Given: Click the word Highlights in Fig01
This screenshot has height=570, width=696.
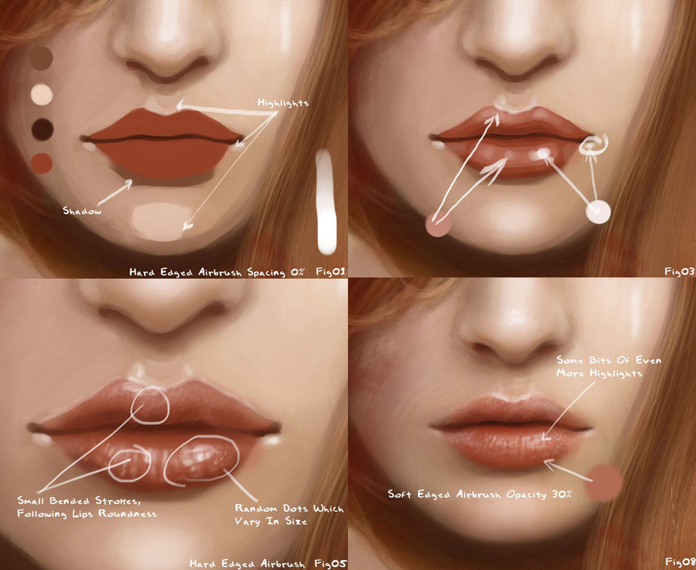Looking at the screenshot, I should (x=283, y=103).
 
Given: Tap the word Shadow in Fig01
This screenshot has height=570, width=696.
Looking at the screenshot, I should (x=82, y=211).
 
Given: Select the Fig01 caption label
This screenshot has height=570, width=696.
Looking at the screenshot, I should (x=330, y=272).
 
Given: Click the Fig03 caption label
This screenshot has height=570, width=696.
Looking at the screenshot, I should (x=679, y=272).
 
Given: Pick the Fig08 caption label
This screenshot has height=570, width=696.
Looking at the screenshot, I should (x=679, y=562).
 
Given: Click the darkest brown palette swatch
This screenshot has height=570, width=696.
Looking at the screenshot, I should (x=42, y=129).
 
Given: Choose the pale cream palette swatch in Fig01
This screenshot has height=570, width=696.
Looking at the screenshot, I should (x=42, y=94).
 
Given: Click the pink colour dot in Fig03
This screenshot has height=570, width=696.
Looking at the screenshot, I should (x=438, y=224).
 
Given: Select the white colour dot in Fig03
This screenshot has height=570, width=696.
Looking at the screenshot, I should (x=598, y=212).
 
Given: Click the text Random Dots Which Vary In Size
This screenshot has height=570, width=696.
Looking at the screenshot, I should (x=288, y=515).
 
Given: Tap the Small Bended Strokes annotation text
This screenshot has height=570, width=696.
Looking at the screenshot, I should (x=86, y=507).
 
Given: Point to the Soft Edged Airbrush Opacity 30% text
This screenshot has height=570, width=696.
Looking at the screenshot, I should (x=479, y=494).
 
